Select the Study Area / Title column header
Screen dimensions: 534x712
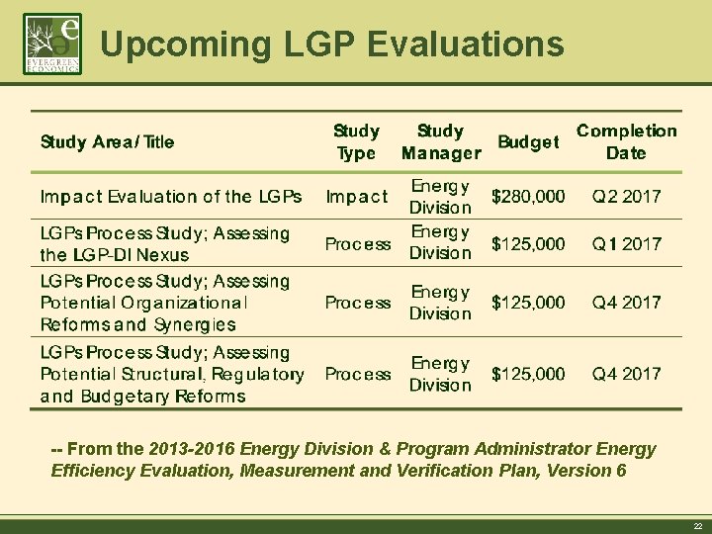(107, 141)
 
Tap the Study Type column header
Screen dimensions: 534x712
(356, 141)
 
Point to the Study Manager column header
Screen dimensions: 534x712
(441, 141)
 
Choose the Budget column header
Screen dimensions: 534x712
(528, 141)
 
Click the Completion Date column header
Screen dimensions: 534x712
(626, 141)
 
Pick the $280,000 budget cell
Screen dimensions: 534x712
(529, 196)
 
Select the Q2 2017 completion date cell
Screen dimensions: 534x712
(626, 196)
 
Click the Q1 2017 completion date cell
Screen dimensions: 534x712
(626, 243)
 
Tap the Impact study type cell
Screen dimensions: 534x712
(356, 196)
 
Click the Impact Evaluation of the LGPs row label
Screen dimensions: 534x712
(171, 196)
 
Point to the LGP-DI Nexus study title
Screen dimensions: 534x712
(165, 243)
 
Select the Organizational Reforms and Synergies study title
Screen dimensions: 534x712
(165, 303)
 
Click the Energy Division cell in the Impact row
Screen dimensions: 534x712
(441, 196)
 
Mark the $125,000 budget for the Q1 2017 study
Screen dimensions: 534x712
(529, 243)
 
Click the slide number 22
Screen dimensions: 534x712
(697, 526)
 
